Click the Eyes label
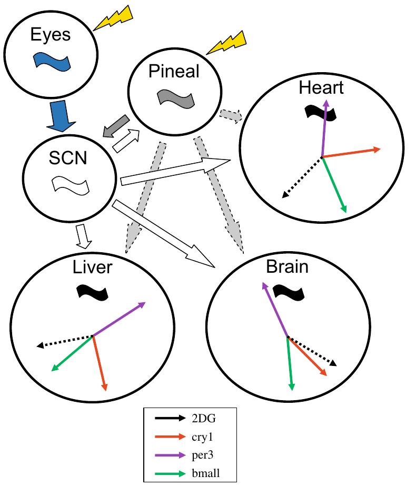(51, 35)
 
